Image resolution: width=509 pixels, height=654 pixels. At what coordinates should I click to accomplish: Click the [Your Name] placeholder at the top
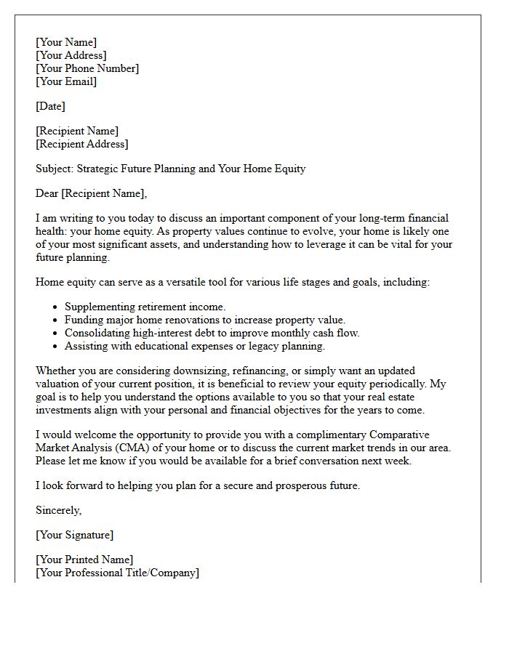(x=66, y=42)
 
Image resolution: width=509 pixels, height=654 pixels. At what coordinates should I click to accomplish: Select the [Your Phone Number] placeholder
(x=87, y=68)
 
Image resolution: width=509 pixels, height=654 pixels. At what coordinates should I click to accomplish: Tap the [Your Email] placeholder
(x=66, y=81)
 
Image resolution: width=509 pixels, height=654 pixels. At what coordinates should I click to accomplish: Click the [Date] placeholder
(x=50, y=106)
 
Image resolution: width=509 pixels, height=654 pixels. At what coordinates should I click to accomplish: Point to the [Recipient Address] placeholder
(x=82, y=144)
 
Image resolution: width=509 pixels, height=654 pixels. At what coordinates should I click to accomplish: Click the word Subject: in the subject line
(x=55, y=169)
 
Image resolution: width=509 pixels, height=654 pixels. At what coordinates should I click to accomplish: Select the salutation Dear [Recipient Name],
(x=91, y=193)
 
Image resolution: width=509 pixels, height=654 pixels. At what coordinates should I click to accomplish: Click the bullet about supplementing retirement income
(x=145, y=307)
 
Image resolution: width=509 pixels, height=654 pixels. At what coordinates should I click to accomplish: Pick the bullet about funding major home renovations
(x=204, y=320)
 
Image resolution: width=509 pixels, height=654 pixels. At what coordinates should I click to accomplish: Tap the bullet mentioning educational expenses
(x=194, y=346)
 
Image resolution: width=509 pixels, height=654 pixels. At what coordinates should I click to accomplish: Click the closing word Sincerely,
(x=59, y=510)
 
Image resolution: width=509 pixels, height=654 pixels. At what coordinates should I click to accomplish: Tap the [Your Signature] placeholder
(x=74, y=535)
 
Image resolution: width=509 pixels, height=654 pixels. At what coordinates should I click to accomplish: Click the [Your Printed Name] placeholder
(x=84, y=560)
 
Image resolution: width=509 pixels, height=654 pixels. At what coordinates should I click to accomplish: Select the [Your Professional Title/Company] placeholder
(x=117, y=573)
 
